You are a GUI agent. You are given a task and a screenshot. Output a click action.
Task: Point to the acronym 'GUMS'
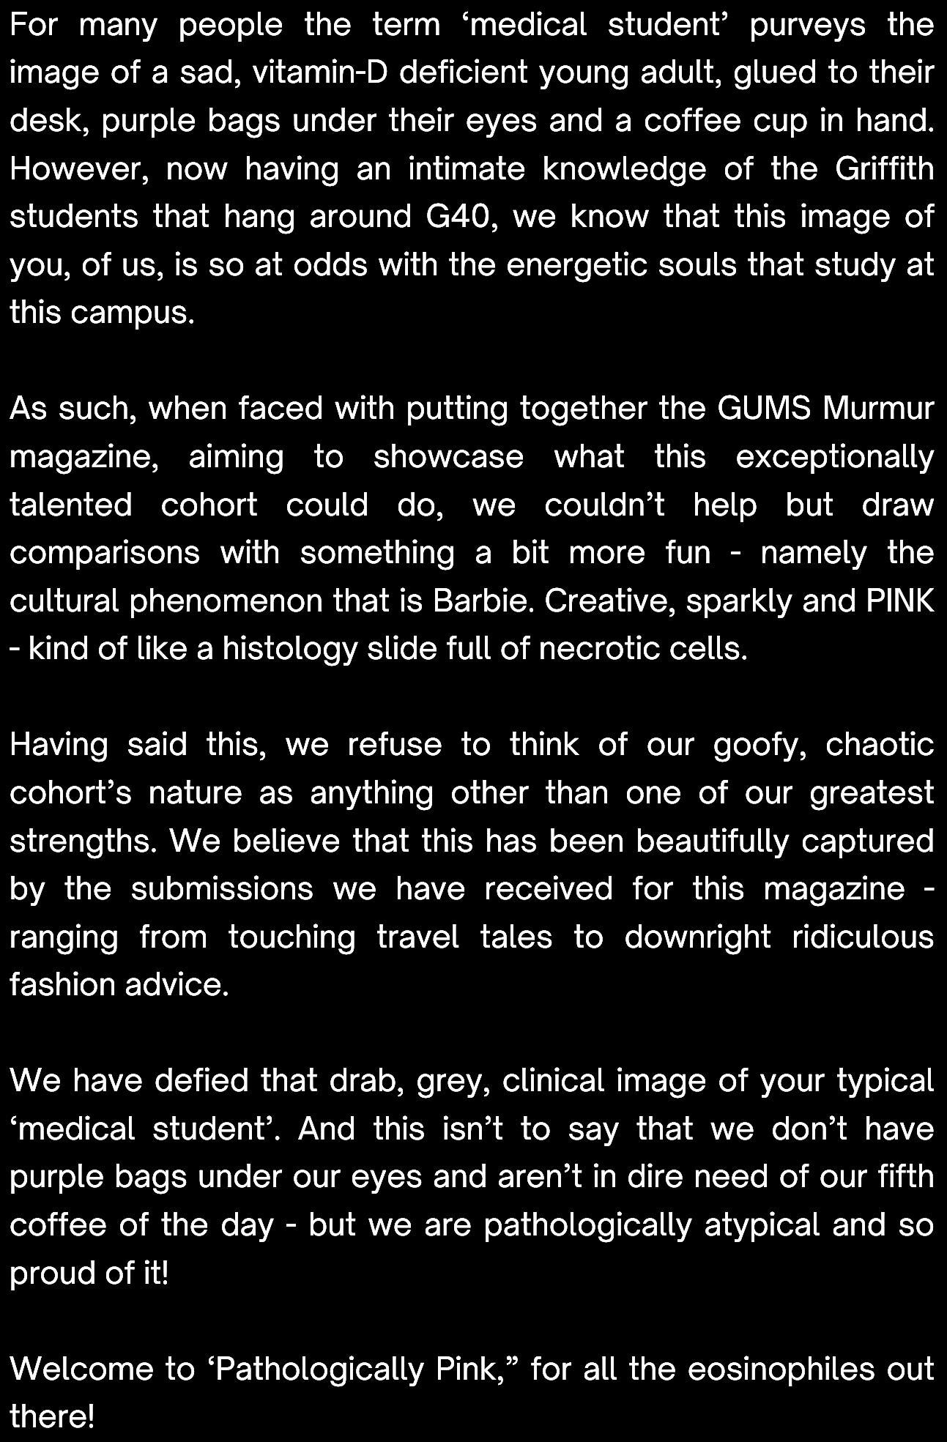[764, 409]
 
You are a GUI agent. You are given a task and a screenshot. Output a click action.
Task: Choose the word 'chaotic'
[880, 746]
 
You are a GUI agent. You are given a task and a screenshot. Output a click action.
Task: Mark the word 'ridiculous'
[863, 937]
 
